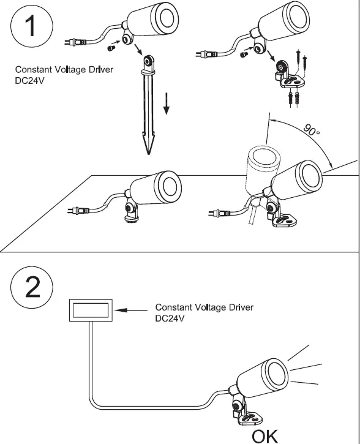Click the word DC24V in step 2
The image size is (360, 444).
pyautogui.click(x=169, y=318)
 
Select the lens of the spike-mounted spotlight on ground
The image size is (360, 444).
pyautogui.click(x=165, y=184)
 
